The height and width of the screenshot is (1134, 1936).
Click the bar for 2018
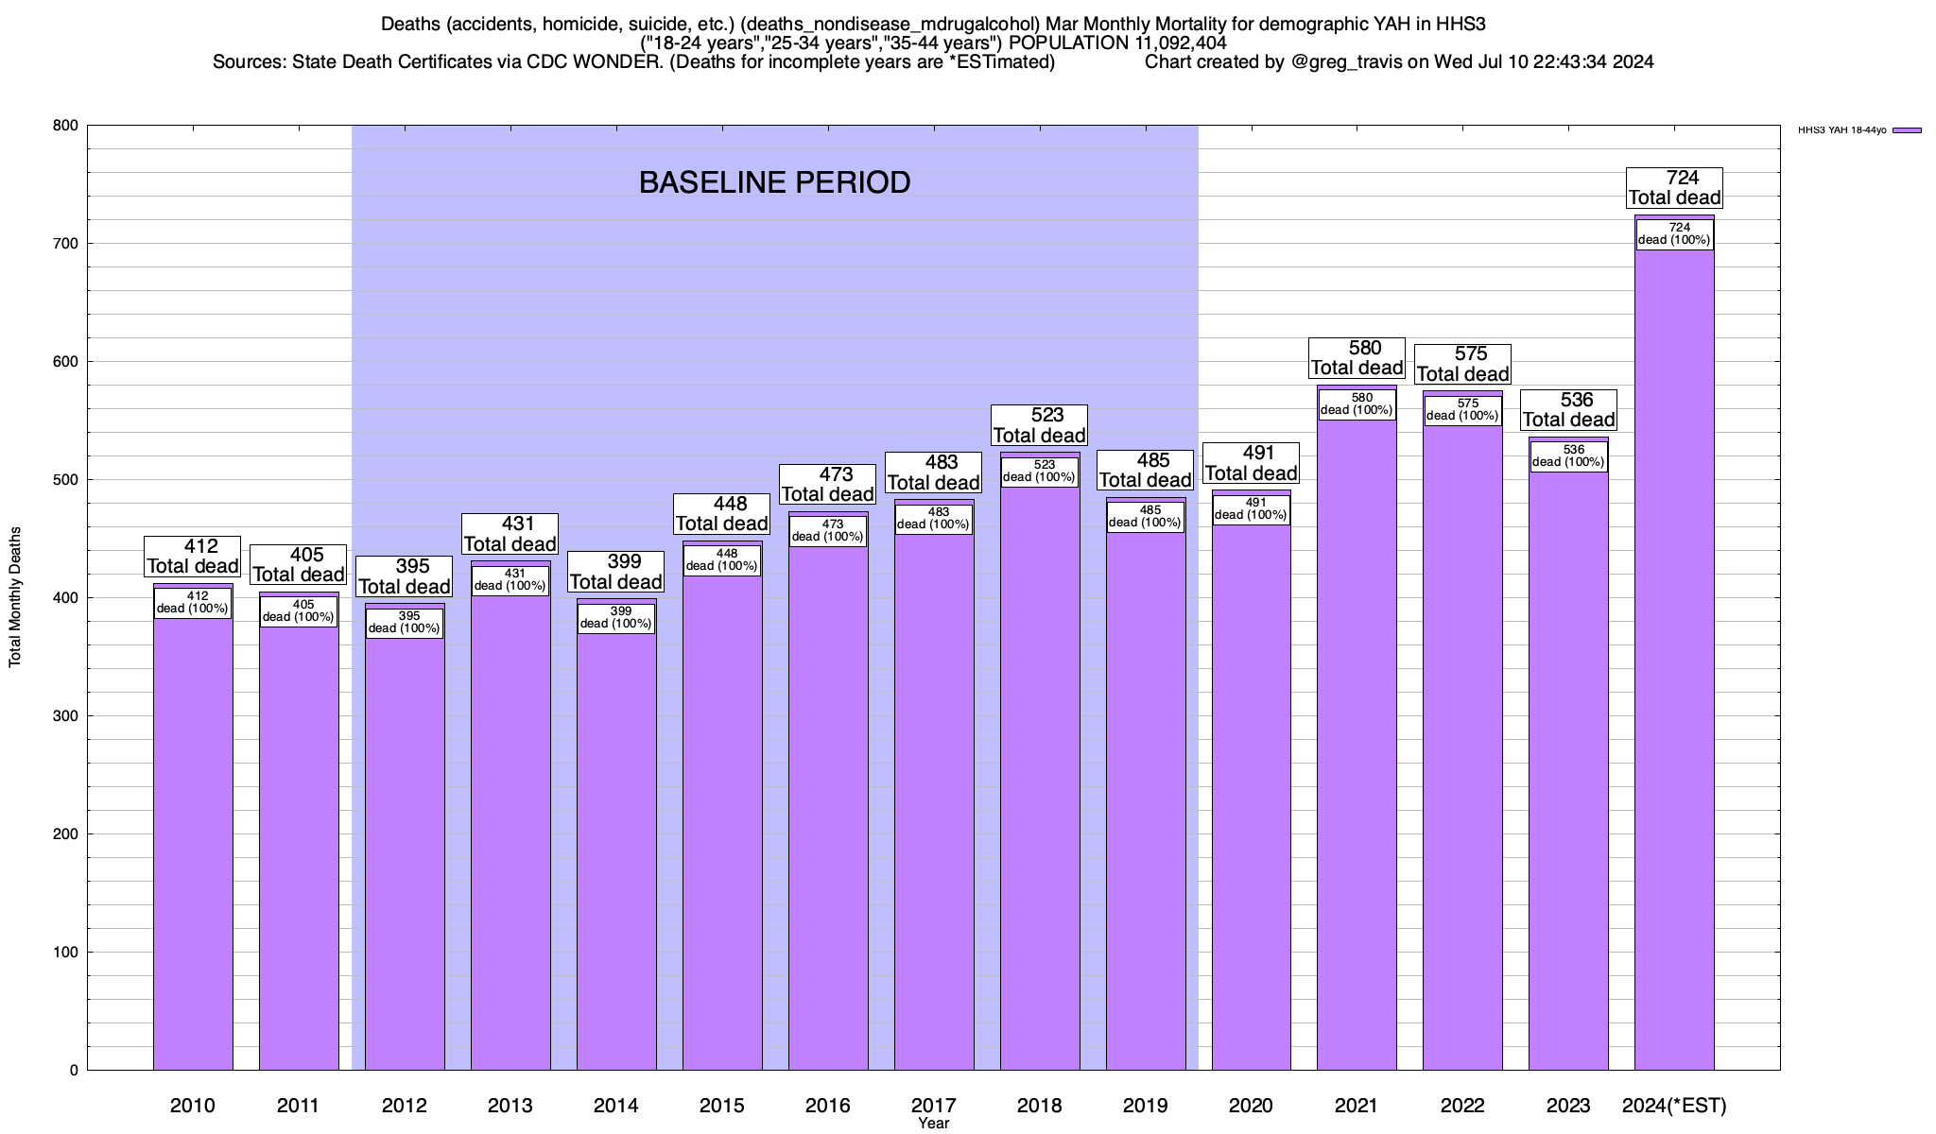pos(1040,775)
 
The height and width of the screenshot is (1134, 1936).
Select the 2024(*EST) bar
pos(1674,661)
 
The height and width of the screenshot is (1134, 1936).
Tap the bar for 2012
pos(405,850)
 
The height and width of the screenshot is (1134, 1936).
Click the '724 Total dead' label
pos(1674,187)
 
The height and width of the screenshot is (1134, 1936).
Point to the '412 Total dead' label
pos(193,556)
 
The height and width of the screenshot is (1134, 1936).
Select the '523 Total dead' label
pos(1040,424)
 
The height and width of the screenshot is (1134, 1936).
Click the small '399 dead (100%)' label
pos(615,618)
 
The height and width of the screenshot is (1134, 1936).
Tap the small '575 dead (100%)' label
pos(1462,410)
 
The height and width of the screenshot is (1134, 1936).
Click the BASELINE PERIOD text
pos(774,182)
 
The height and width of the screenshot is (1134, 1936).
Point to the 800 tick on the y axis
pos(66,126)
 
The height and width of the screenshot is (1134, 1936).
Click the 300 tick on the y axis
pos(66,716)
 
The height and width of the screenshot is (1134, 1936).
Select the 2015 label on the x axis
pos(722,1106)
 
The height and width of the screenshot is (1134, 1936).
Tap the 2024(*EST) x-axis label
pos(1674,1106)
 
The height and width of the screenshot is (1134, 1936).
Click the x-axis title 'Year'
pos(933,1124)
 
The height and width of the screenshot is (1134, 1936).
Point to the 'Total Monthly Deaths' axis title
pos(15,597)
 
